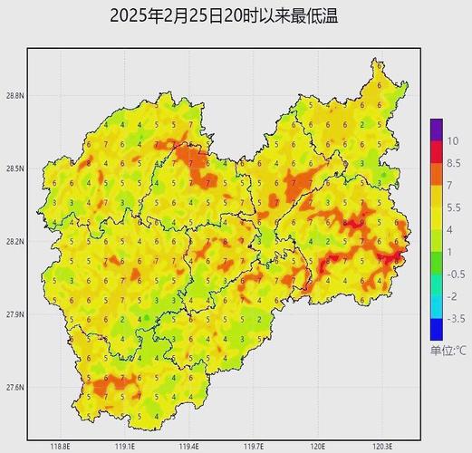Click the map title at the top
229,15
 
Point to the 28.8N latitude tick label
14,95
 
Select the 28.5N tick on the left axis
14,169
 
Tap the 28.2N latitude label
14,242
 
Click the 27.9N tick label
14,314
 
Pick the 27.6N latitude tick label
14,388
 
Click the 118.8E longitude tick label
61,446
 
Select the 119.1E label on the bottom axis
125,446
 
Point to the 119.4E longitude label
189,446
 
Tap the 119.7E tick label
254,446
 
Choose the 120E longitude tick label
318,446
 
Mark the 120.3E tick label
382,446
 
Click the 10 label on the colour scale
452,140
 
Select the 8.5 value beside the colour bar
453,162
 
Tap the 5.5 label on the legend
453,207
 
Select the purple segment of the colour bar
437,130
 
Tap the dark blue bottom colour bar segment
437,329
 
